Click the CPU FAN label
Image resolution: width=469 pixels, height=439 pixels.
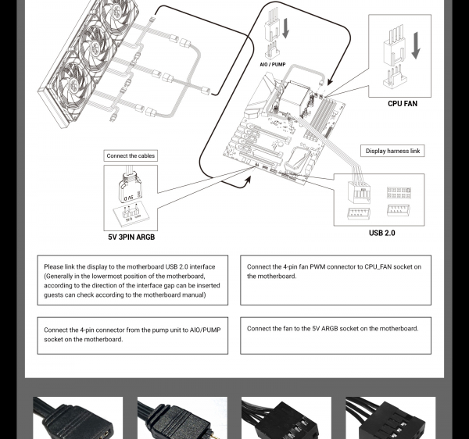click(403, 104)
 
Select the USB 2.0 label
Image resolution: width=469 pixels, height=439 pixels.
click(381, 233)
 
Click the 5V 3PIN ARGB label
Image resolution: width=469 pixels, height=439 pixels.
click(131, 237)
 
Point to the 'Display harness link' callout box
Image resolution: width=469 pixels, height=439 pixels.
click(392, 151)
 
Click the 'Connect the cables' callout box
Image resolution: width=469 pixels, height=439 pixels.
click(131, 156)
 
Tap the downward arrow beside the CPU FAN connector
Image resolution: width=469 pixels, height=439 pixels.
click(415, 45)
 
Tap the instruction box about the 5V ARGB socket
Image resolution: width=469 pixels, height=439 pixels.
click(335, 335)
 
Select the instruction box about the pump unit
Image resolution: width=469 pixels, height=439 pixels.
click(132, 335)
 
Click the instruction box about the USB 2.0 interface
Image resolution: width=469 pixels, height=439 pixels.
click(132, 280)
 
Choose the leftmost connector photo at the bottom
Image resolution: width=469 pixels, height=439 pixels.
click(77, 418)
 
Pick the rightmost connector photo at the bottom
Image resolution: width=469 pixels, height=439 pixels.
click(390, 418)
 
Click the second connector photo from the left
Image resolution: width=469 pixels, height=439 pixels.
click(182, 418)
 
